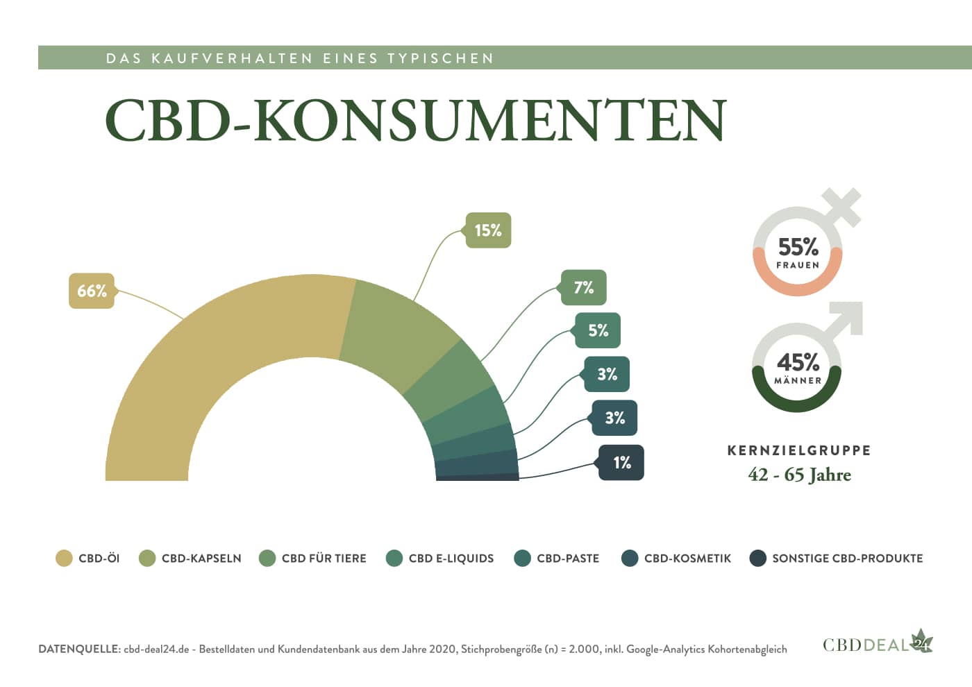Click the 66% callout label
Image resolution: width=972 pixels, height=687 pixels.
click(x=92, y=291)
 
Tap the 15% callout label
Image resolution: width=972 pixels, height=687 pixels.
click(x=487, y=230)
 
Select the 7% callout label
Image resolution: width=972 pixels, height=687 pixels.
click(x=583, y=287)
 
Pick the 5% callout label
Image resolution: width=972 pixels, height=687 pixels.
click(x=598, y=330)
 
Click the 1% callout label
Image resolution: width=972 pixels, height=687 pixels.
click(x=621, y=463)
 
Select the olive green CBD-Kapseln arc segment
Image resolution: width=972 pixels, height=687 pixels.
click(x=396, y=326)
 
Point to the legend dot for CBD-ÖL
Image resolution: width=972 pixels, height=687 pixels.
click(x=64, y=559)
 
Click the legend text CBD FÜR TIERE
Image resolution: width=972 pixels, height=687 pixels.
click(x=324, y=559)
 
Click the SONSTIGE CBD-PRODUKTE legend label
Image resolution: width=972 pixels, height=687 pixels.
click(x=847, y=559)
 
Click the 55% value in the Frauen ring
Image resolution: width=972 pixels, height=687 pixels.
click(x=798, y=247)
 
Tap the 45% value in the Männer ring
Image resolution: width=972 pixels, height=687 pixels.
click(x=798, y=362)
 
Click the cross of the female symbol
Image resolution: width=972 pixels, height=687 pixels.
click(x=841, y=206)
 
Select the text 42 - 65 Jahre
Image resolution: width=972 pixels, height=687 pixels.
click(x=799, y=475)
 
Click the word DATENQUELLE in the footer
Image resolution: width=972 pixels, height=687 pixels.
click(x=79, y=650)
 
